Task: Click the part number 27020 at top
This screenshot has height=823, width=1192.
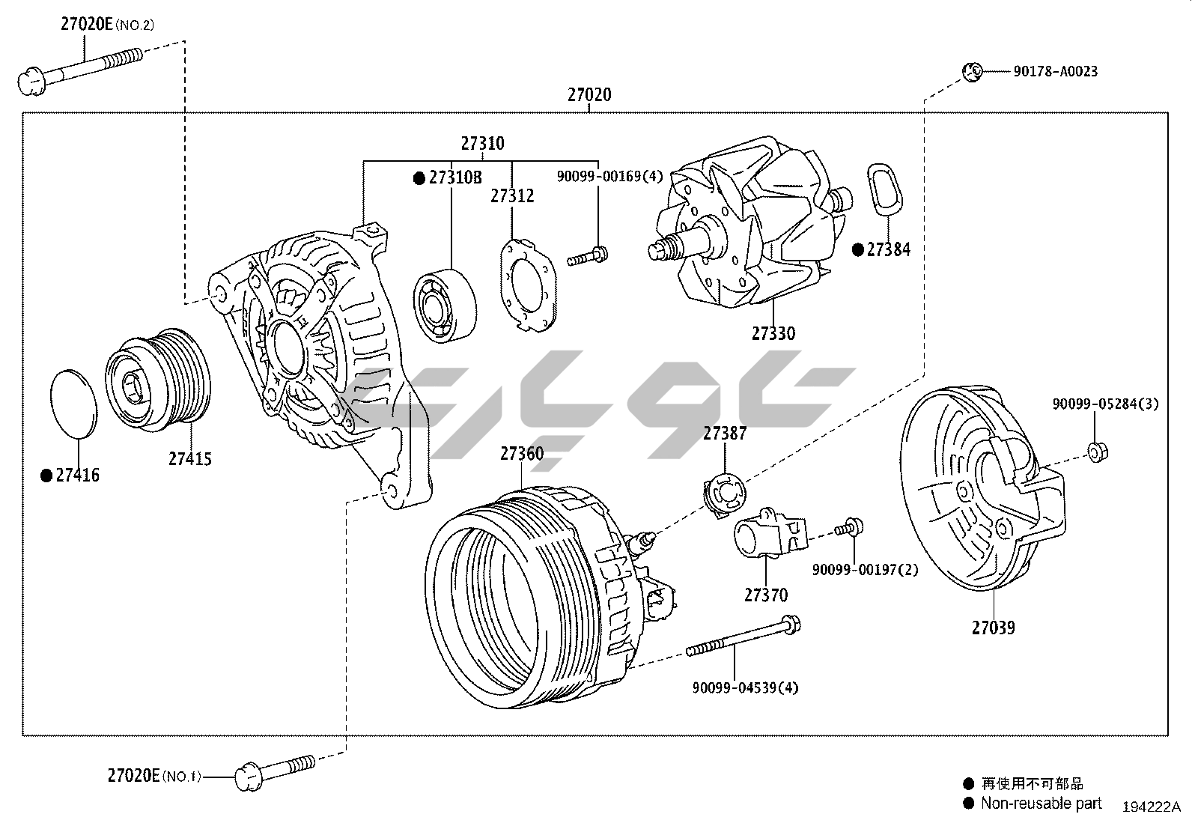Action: pyautogui.click(x=589, y=95)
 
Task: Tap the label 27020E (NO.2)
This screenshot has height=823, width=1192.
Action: pyautogui.click(x=107, y=25)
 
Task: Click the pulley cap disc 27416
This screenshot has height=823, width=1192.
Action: pyautogui.click(x=73, y=402)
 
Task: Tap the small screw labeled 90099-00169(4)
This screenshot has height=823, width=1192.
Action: pyautogui.click(x=587, y=257)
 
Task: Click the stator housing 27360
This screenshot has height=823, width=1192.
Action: pyautogui.click(x=524, y=599)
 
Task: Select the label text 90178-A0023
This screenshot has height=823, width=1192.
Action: pyautogui.click(x=1055, y=72)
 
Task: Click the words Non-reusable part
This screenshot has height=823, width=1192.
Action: pyautogui.click(x=1042, y=803)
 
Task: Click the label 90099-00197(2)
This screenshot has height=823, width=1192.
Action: pyautogui.click(x=865, y=570)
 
